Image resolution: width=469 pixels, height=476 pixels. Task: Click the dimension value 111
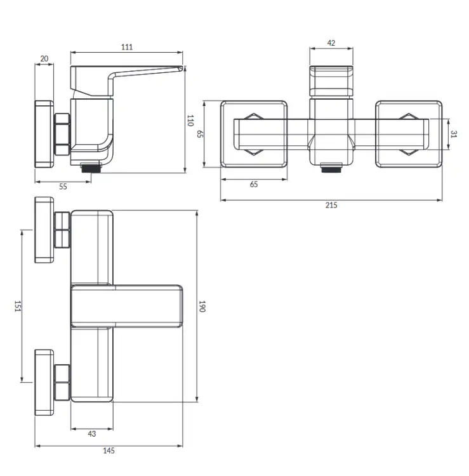coord(127,47)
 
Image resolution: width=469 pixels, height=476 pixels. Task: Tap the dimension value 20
coord(44,58)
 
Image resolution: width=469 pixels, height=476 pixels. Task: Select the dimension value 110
coord(190,121)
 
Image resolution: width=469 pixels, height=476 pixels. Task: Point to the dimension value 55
coord(63,187)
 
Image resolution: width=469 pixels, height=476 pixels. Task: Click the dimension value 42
coord(331,43)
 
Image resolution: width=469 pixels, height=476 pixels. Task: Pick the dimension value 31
coord(454,134)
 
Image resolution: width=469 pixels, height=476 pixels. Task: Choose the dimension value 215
coord(331,205)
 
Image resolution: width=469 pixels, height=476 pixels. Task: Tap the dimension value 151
coord(18,306)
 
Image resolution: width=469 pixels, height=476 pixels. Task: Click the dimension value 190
coord(202,306)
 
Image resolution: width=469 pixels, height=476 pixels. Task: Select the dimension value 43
coord(91,434)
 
